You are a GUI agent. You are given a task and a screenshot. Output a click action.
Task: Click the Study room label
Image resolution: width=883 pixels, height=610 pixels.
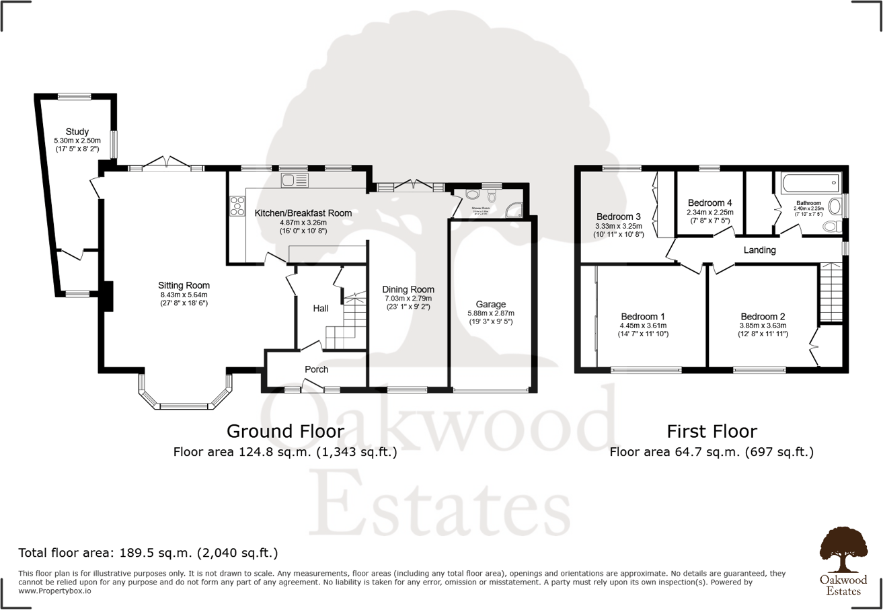77,132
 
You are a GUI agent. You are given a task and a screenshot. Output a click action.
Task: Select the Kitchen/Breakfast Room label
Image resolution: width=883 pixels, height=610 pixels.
303,213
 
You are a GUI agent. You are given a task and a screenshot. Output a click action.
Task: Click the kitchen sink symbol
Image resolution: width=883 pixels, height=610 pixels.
295,180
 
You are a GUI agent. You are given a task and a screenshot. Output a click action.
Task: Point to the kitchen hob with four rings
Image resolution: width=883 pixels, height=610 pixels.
238,205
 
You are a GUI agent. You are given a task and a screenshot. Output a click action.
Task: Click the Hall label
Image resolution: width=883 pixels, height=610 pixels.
321,309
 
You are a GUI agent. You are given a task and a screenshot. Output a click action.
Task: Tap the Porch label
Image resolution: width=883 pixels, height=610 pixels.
316,369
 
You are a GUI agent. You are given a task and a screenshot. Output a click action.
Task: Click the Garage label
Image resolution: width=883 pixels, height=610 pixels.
490,305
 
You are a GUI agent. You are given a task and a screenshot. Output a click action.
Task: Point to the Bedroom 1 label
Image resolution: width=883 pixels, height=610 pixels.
642,317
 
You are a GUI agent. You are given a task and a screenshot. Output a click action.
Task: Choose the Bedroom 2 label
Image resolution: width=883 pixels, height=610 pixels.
763,317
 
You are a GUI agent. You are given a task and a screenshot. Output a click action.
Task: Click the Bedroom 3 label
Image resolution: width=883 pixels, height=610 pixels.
619,217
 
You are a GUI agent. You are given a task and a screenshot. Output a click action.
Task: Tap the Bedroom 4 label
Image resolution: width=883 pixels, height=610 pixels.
709,202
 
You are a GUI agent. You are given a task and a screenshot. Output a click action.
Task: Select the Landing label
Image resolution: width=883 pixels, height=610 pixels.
760,250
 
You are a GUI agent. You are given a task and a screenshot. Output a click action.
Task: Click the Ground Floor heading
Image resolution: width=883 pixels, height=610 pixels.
285,430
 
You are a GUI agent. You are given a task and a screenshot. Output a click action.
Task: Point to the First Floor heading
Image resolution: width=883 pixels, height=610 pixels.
712,430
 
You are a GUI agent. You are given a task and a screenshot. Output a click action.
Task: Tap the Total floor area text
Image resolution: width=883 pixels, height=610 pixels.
148,554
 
